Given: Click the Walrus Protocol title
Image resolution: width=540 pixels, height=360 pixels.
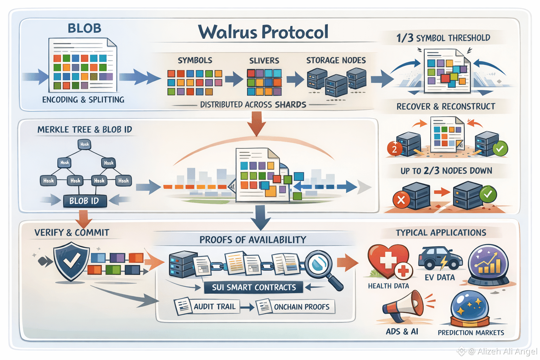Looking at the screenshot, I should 263,32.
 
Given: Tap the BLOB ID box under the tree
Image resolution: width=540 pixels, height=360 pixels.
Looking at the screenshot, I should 84,201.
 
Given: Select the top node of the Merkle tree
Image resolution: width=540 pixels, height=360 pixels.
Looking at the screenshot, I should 84,144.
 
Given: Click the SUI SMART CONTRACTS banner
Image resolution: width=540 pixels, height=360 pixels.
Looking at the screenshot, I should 253,287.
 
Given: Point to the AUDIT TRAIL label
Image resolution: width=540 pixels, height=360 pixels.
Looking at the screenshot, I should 214,307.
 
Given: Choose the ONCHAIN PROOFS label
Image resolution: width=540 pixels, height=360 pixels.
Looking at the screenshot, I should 301,307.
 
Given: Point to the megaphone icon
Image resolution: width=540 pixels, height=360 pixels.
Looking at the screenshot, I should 404,306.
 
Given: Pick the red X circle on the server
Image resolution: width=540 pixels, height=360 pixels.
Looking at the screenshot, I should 401,200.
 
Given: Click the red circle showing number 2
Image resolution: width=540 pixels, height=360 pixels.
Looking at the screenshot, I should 394,149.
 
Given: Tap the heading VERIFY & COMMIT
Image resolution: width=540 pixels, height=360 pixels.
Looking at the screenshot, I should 72,232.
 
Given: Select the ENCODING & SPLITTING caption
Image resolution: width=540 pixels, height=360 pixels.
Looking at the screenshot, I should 83,100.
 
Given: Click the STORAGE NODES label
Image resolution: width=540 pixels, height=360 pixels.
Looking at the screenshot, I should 336,60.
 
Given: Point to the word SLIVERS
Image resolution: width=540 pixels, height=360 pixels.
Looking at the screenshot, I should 264,61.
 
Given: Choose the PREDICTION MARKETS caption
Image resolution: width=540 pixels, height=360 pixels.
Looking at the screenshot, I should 471,333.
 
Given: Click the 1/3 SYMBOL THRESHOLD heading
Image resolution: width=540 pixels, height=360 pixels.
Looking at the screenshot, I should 443,38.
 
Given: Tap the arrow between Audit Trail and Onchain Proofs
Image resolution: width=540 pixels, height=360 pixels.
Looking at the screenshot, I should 247,307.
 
